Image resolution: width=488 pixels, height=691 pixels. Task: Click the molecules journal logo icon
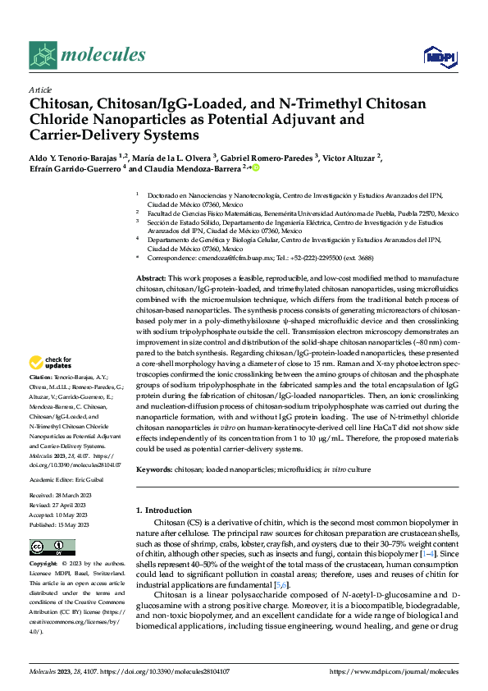coord(43,55)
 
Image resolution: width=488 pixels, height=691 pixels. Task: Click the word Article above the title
coord(40,90)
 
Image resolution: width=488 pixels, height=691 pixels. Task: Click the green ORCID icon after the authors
coord(256,168)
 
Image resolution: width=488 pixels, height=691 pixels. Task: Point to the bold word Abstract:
coord(150,279)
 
